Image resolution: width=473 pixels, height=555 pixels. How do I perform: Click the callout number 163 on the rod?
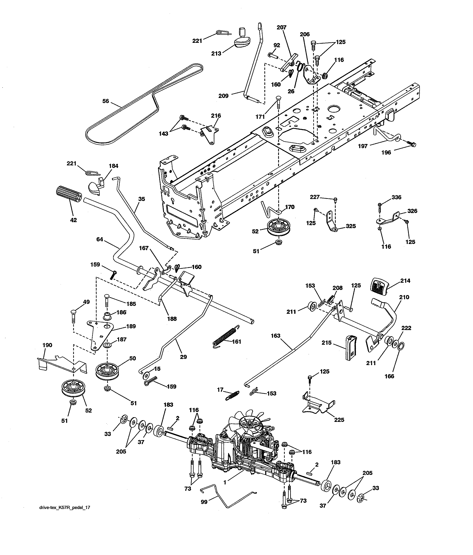click(275, 336)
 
